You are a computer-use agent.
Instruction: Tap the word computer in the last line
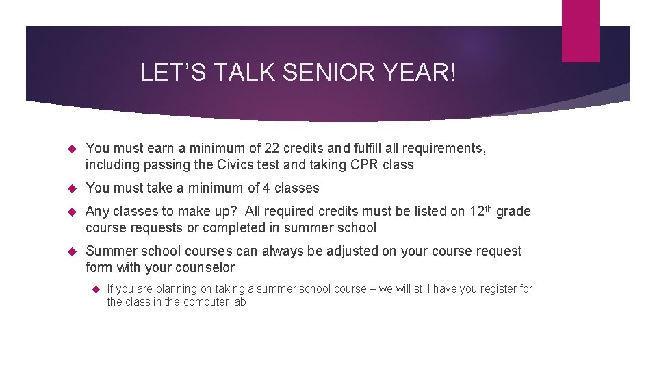(204, 302)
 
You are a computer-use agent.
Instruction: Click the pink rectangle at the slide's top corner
(580, 31)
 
